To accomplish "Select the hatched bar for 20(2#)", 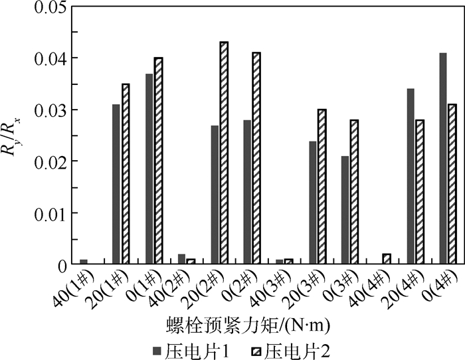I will click(224, 153).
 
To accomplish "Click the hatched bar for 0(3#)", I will click(355, 192).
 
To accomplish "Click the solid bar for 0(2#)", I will click(247, 192).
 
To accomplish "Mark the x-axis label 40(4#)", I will click(376, 289).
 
